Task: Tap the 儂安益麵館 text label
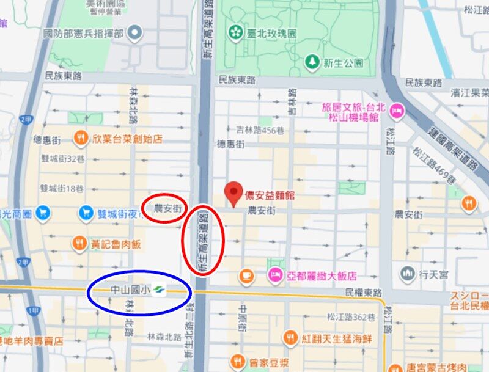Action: click(x=270, y=196)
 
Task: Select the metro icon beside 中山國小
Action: click(x=160, y=289)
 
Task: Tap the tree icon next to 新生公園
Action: click(x=313, y=62)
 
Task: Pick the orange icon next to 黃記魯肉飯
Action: click(x=79, y=244)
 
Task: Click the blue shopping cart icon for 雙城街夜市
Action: click(x=86, y=213)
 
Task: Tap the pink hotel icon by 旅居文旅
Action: click(x=396, y=111)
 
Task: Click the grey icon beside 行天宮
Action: click(x=408, y=273)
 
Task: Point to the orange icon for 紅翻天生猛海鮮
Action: click(x=290, y=338)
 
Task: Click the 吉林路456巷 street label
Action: click(x=260, y=129)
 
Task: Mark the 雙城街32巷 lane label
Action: click(x=62, y=158)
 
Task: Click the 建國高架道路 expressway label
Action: click(x=451, y=146)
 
